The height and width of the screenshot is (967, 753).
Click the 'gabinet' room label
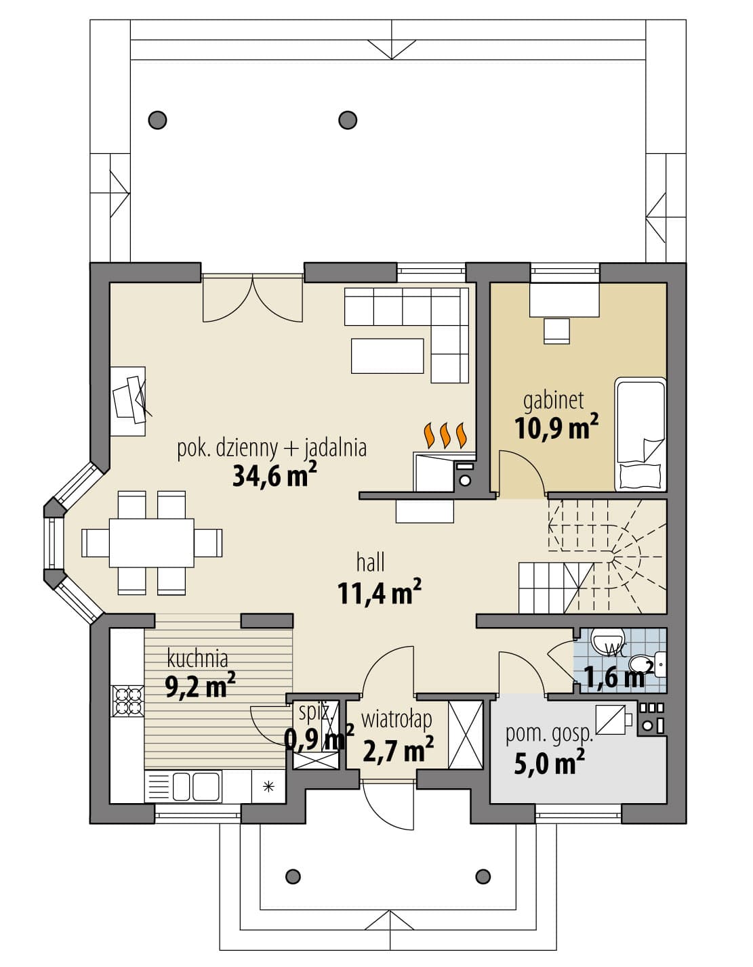pyautogui.click(x=553, y=401)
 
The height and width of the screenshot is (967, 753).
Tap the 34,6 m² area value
pyautogui.click(x=274, y=475)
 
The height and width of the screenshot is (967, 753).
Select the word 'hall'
pyautogui.click(x=371, y=563)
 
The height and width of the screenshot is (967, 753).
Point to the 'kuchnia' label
pyautogui.click(x=197, y=658)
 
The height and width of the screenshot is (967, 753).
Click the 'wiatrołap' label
pyautogui.click(x=396, y=720)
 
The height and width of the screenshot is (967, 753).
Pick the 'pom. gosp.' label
pyautogui.click(x=550, y=735)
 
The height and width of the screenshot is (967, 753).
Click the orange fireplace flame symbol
pyautogui.click(x=445, y=435)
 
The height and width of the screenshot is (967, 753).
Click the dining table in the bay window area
pyautogui.click(x=151, y=542)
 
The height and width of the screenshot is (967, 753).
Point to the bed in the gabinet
pyautogui.click(x=640, y=434)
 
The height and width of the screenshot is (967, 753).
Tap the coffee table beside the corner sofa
pyautogui.click(x=387, y=356)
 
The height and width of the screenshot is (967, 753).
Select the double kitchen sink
pyautogui.click(x=196, y=786)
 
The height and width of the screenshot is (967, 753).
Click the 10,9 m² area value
pyautogui.click(x=556, y=428)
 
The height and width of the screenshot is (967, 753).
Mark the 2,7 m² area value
pyautogui.click(x=398, y=749)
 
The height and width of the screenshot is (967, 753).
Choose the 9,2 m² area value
pyautogui.click(x=200, y=687)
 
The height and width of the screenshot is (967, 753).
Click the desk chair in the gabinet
pyautogui.click(x=556, y=330)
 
